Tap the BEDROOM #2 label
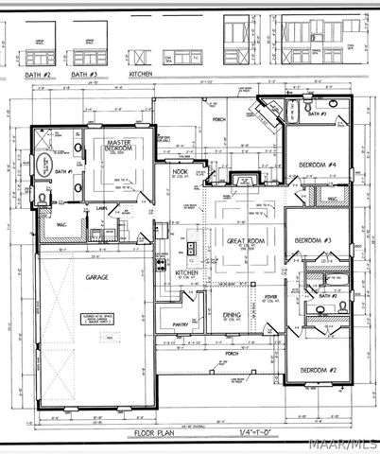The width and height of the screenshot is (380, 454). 320,369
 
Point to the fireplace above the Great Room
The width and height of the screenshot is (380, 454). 244,179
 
